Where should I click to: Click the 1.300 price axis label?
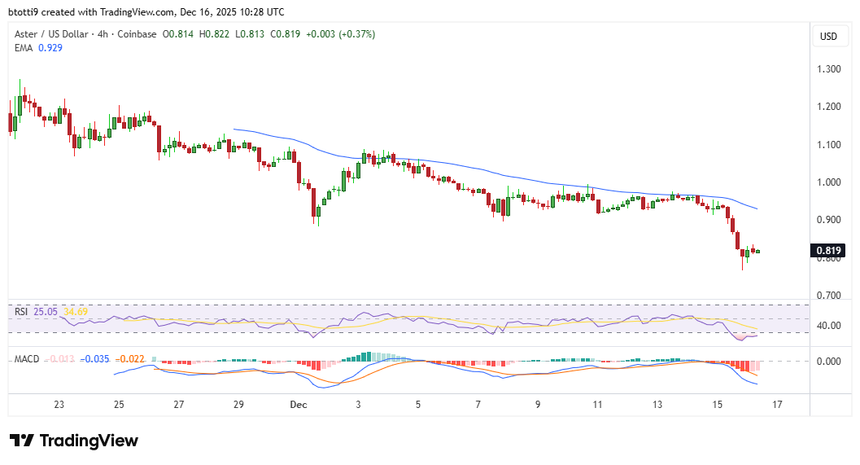click(828, 69)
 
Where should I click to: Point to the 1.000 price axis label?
click(828, 182)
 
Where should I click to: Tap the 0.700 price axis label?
click(828, 296)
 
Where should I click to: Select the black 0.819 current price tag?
click(828, 251)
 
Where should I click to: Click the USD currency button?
click(828, 37)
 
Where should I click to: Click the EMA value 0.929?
click(50, 48)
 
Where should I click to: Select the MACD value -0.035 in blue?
click(97, 359)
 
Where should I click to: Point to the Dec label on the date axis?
click(298, 404)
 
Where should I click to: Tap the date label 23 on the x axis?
click(59, 404)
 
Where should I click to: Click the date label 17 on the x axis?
click(778, 404)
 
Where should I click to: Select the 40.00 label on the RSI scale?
click(828, 326)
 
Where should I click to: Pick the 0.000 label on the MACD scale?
click(828, 362)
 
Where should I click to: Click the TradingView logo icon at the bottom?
click(21, 441)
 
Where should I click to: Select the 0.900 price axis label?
click(828, 220)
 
